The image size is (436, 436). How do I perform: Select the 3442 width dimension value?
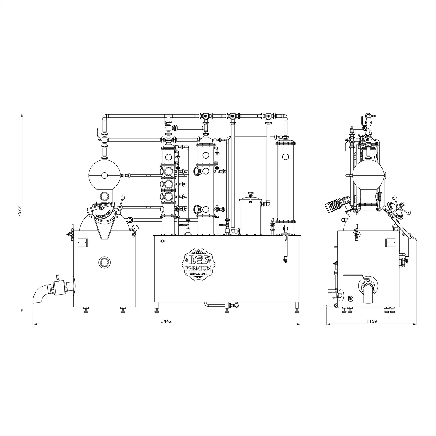click(166, 321)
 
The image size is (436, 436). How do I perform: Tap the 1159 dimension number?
click(372, 321)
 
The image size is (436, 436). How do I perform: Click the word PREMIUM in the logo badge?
click(198, 268)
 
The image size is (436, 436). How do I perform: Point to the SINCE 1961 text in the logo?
click(198, 274)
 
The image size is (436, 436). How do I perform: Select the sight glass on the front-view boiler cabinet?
click(105, 262)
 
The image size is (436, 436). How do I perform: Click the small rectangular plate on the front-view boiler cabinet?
click(83, 243)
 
